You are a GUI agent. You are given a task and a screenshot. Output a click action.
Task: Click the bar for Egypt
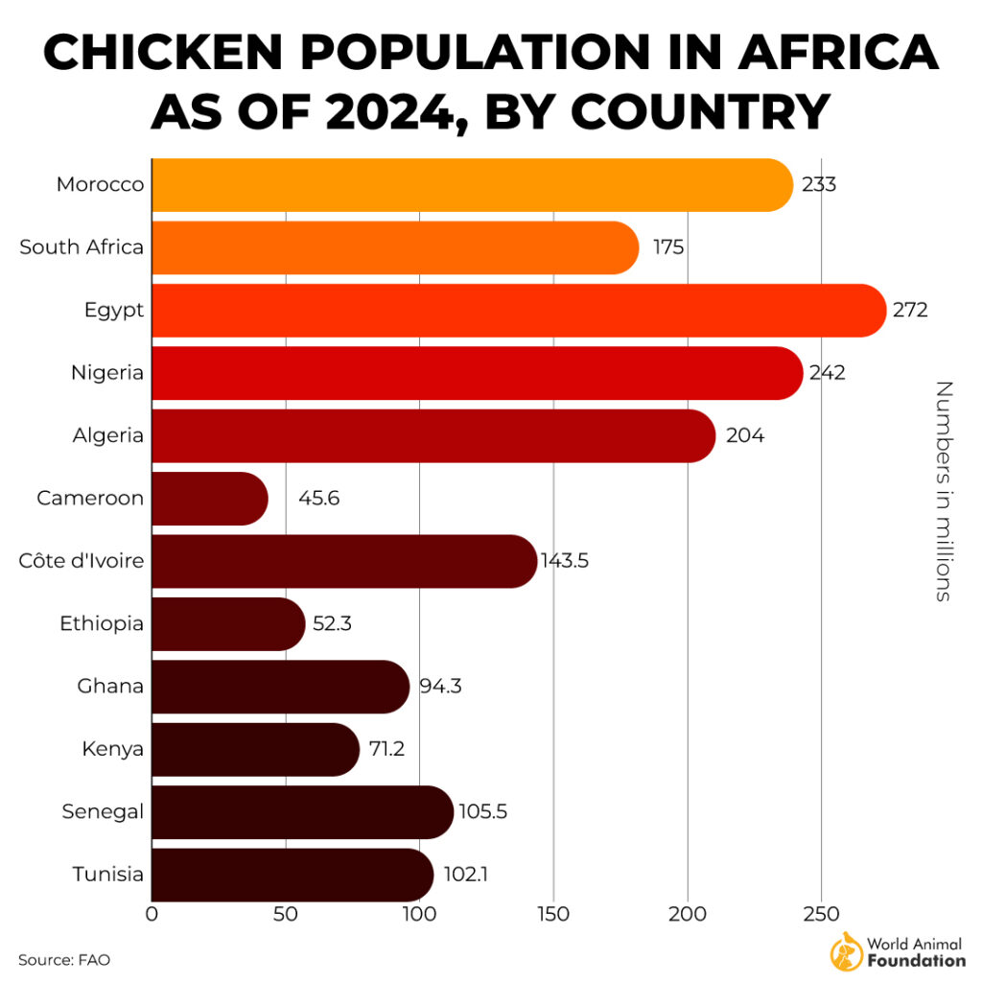pos(518,311)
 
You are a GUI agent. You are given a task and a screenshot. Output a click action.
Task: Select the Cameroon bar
pos(209,499)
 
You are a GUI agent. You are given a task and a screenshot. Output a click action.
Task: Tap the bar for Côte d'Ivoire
pos(343,561)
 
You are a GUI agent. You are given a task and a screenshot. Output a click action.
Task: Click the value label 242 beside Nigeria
pos(827,373)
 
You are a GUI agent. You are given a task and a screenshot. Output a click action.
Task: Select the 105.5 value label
pos(483,812)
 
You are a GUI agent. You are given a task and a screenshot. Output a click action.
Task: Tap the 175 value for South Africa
pos(668,247)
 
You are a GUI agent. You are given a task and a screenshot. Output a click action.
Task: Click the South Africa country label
pos(82,247)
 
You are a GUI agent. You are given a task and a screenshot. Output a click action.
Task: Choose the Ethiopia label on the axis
pos(102,623)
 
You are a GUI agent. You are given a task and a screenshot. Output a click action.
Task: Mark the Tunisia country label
pos(108,875)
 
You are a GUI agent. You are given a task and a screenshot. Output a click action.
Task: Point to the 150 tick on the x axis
pos(553,914)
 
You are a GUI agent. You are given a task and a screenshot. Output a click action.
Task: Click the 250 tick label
pos(821,914)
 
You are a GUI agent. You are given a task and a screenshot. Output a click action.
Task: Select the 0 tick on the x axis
pos(152,914)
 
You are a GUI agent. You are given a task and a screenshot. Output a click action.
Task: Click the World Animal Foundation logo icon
pos(846,950)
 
